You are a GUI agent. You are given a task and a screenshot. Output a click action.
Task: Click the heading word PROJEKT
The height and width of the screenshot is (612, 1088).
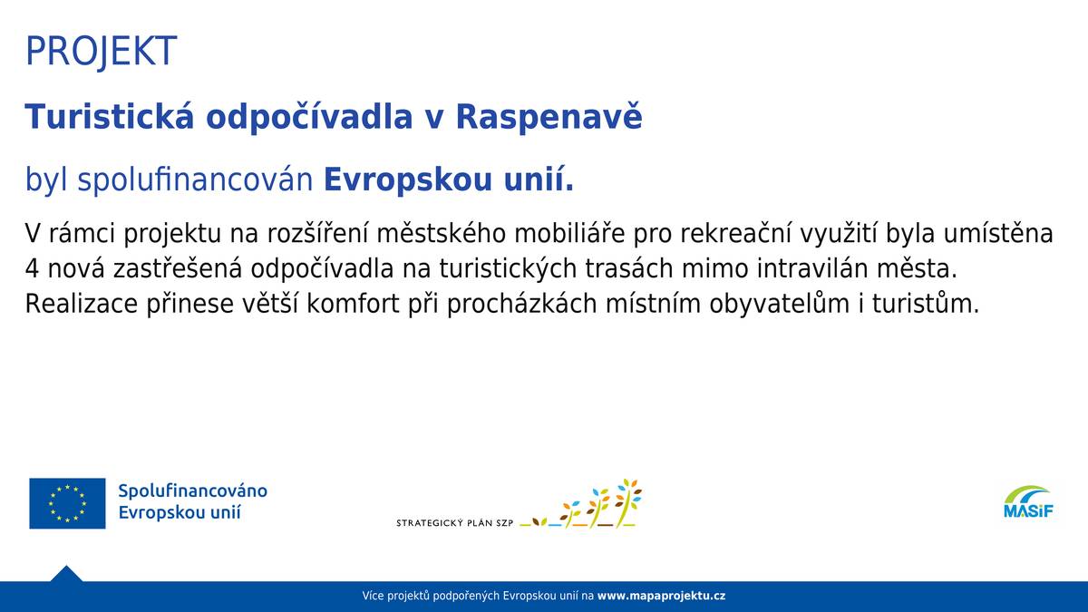coord(101,52)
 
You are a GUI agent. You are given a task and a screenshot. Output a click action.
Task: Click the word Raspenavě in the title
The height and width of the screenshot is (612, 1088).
coord(549,117)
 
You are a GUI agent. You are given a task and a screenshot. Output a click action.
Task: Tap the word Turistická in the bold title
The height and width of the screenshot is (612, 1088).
coord(106,117)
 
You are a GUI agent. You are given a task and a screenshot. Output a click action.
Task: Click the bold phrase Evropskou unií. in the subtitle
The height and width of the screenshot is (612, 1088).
coord(449,180)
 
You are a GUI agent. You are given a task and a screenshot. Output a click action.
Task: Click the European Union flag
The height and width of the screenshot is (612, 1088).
coord(67,503)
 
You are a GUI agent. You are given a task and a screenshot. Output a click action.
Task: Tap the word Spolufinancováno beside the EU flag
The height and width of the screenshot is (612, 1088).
coord(192,491)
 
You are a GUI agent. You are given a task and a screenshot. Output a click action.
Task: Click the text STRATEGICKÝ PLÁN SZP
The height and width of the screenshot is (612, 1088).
coord(454,523)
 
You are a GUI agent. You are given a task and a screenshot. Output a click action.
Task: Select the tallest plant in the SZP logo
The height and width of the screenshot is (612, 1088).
coord(627,502)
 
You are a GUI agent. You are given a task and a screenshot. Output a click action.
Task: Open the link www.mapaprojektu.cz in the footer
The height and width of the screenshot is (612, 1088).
coord(661,596)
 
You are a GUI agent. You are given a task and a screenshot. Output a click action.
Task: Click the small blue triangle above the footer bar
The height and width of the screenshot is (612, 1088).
coord(66,574)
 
